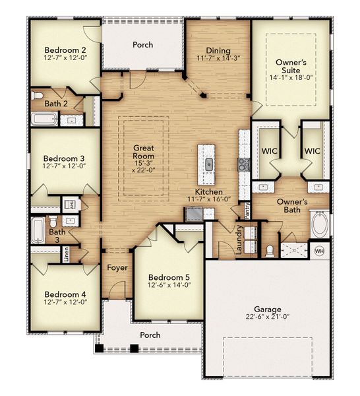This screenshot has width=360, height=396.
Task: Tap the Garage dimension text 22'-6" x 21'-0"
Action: click(x=268, y=318)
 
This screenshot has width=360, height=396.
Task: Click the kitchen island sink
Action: click(x=209, y=164)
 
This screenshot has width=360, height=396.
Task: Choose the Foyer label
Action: click(x=117, y=267)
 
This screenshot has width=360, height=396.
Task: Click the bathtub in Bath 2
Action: click(x=45, y=120)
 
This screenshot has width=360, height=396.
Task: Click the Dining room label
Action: click(x=218, y=50)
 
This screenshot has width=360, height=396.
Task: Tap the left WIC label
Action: click(x=268, y=151)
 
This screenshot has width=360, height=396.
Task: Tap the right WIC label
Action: click(x=312, y=151)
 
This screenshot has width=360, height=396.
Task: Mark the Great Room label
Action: click(x=143, y=148)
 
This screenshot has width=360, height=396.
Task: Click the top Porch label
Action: click(x=142, y=45)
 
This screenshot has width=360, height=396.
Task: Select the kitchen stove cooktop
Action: click(x=243, y=164)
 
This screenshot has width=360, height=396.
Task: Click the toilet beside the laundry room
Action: click(x=269, y=251)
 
